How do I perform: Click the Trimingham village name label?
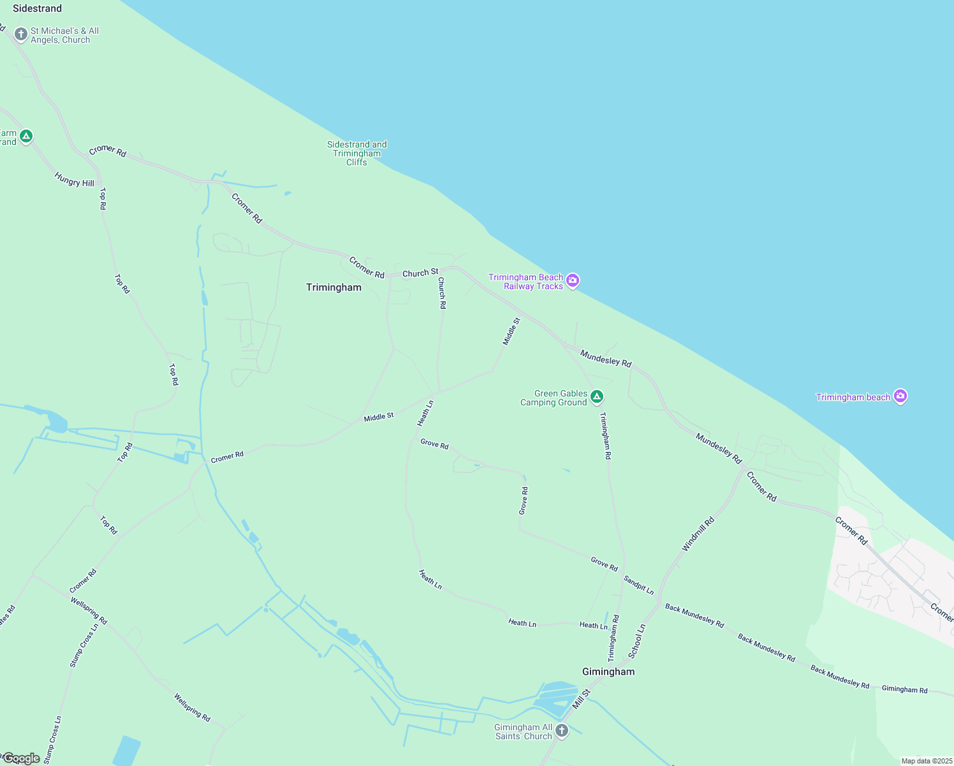click(334, 287)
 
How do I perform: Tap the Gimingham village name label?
click(608, 672)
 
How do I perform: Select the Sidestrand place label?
click(37, 8)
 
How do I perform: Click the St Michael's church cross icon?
click(21, 34)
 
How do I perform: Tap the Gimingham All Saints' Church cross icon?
click(562, 731)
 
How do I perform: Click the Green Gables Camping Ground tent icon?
click(597, 397)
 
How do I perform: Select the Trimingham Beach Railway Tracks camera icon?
click(573, 281)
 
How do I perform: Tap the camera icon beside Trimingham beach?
click(900, 396)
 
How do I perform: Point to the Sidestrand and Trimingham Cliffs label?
click(357, 153)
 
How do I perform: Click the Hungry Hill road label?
click(75, 180)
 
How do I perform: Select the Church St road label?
click(420, 273)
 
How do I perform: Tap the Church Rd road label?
click(442, 293)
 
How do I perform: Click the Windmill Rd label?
click(698, 534)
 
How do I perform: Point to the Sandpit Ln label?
click(638, 585)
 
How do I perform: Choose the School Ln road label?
click(636, 641)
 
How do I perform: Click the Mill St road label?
click(582, 698)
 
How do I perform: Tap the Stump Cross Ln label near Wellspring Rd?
click(84, 645)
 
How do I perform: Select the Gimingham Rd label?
click(904, 689)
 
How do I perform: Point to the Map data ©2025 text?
click(927, 761)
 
